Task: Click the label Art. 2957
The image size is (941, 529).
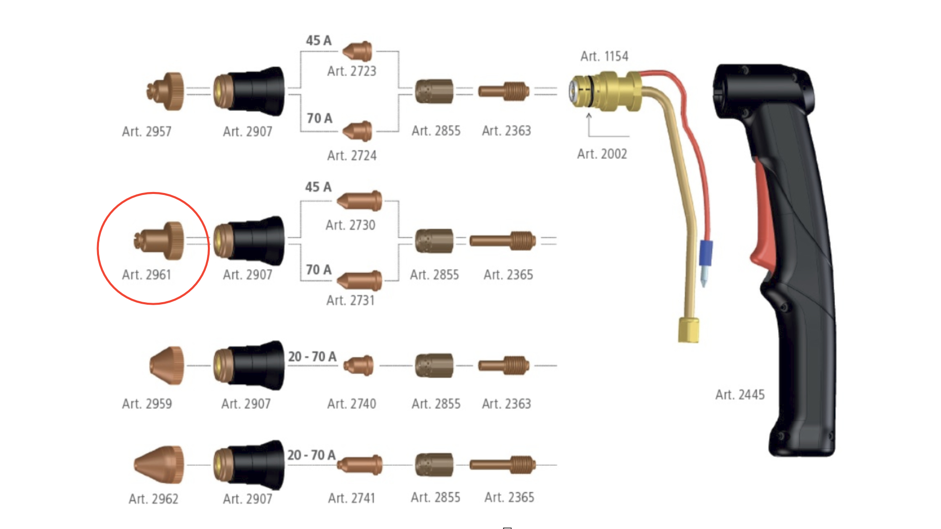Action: coord(147,131)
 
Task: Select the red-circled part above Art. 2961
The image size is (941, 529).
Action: coord(159,240)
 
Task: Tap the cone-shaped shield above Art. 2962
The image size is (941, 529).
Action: coord(159,464)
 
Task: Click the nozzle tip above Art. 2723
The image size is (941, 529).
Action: coord(357,51)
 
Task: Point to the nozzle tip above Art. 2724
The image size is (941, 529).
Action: coord(357,131)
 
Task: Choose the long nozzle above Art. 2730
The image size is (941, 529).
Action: coord(359,201)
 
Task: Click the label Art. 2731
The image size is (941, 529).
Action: coord(350,300)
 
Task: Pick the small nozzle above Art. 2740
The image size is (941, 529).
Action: coord(358,365)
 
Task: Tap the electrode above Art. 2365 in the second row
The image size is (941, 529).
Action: coord(503,240)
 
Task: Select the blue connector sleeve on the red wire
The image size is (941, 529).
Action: coord(706,253)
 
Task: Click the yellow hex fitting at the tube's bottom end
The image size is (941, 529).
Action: coord(689,330)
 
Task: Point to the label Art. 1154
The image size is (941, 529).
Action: coord(604,56)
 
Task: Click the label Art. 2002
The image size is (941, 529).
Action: coord(602,154)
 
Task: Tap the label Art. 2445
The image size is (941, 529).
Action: coord(740,394)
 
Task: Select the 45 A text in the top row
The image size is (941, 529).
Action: coord(319,40)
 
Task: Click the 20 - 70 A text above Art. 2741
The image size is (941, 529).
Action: coord(311,455)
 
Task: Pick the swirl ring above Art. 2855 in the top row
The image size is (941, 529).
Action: coord(434,91)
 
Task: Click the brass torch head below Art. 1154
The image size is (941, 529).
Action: coord(605,92)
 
